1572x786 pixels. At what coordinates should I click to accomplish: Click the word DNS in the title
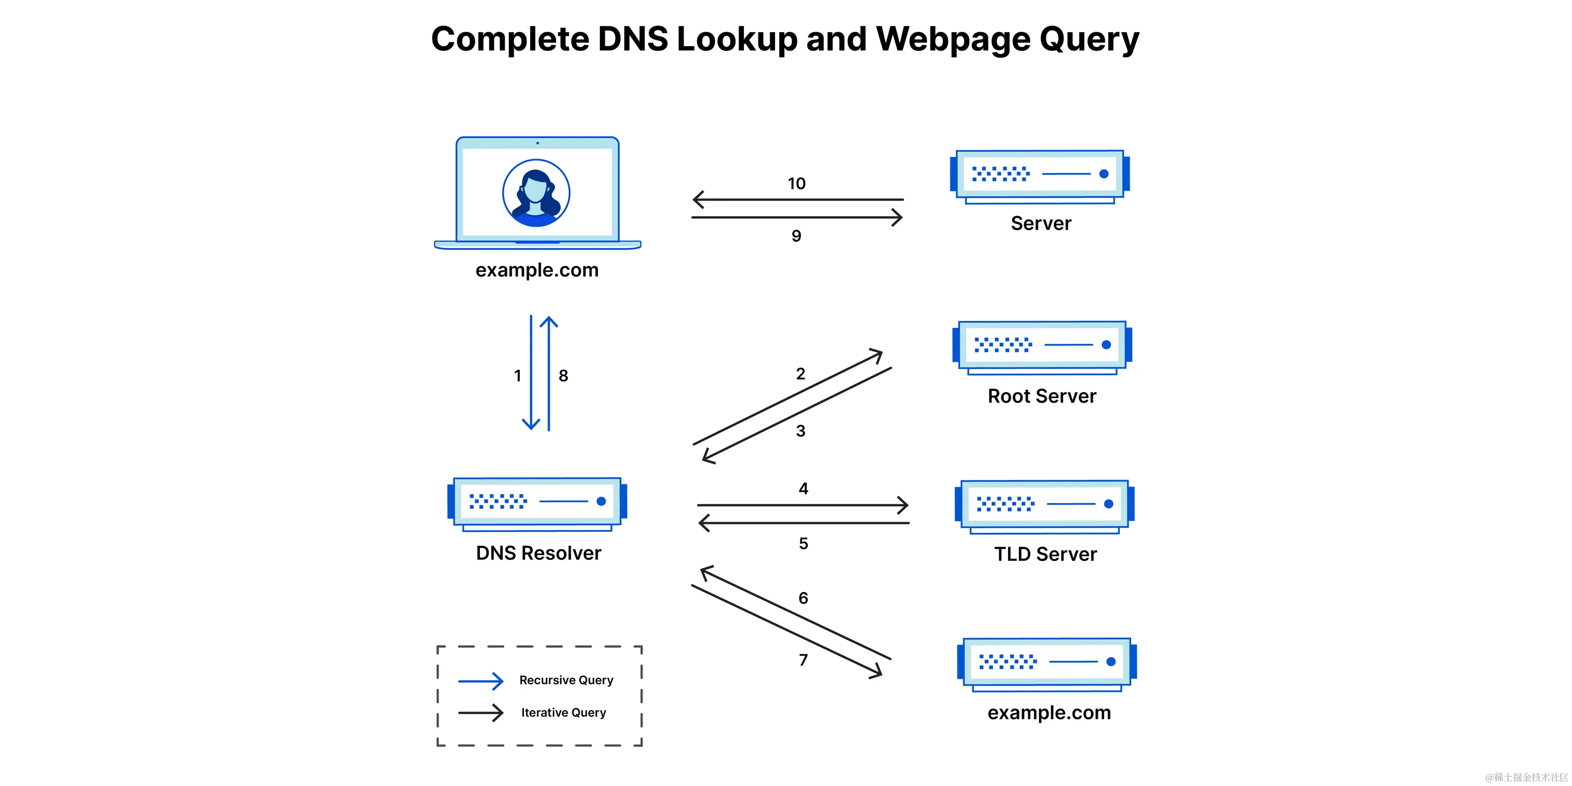click(632, 39)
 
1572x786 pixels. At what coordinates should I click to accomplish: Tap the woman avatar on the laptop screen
click(536, 193)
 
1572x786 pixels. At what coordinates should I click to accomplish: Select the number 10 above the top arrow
click(796, 184)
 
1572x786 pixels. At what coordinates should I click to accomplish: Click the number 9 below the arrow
click(796, 235)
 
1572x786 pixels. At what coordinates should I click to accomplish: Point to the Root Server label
click(1042, 396)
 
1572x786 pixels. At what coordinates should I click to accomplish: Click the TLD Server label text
click(1045, 554)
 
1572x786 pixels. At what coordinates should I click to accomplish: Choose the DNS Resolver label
click(538, 553)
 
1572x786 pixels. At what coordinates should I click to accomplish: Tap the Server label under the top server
click(1041, 224)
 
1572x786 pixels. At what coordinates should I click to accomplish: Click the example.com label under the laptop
click(537, 270)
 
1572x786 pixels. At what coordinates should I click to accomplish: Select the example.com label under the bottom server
click(1049, 712)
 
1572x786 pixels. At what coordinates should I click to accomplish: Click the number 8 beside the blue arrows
click(564, 376)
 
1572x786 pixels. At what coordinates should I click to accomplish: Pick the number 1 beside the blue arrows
click(517, 376)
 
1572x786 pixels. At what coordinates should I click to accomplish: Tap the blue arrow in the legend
click(481, 680)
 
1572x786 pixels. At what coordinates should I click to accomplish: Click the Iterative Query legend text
click(564, 712)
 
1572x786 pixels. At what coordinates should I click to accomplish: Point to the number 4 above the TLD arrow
click(803, 488)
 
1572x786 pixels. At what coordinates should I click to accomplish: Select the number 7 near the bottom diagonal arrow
click(803, 660)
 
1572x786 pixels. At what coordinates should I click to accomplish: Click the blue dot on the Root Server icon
click(1106, 345)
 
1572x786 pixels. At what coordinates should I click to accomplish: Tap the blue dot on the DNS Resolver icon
click(601, 501)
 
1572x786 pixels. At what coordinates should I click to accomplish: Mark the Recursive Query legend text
click(566, 680)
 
